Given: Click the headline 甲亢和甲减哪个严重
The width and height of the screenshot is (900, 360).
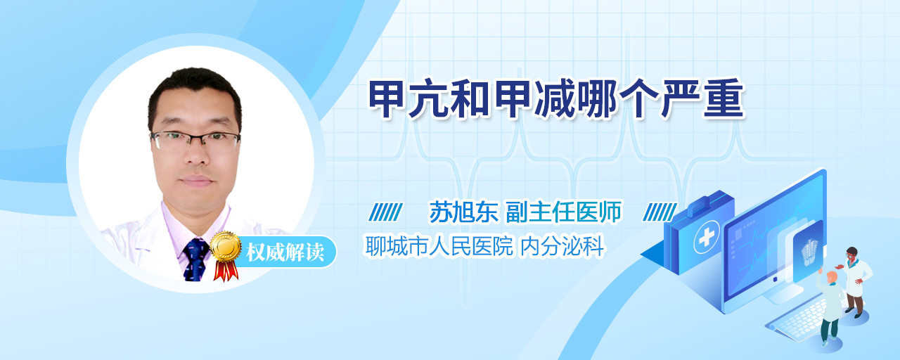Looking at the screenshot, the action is pyautogui.click(x=556, y=99).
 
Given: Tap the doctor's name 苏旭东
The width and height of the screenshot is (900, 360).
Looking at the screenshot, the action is pyautogui.click(x=464, y=212).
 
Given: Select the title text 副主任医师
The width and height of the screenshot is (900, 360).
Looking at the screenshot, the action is pyautogui.click(x=564, y=212).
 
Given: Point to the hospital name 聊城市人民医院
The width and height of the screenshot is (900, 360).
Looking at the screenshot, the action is pyautogui.click(x=439, y=246).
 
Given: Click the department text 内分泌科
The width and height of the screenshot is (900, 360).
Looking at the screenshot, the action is pyautogui.click(x=562, y=246).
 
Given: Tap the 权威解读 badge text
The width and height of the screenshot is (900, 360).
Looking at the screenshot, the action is pyautogui.click(x=285, y=252).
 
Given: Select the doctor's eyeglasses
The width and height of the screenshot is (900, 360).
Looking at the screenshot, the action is pyautogui.click(x=195, y=140).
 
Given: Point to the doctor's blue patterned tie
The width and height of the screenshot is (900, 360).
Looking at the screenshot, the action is pyautogui.click(x=196, y=259).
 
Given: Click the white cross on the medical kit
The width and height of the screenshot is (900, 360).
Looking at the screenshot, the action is pyautogui.click(x=707, y=237).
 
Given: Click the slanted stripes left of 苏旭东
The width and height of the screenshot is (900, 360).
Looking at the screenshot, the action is pyautogui.click(x=386, y=212).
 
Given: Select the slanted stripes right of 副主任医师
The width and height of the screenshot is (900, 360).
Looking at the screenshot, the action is pyautogui.click(x=660, y=212).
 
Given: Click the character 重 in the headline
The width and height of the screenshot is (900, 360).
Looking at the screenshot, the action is pyautogui.click(x=724, y=99).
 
